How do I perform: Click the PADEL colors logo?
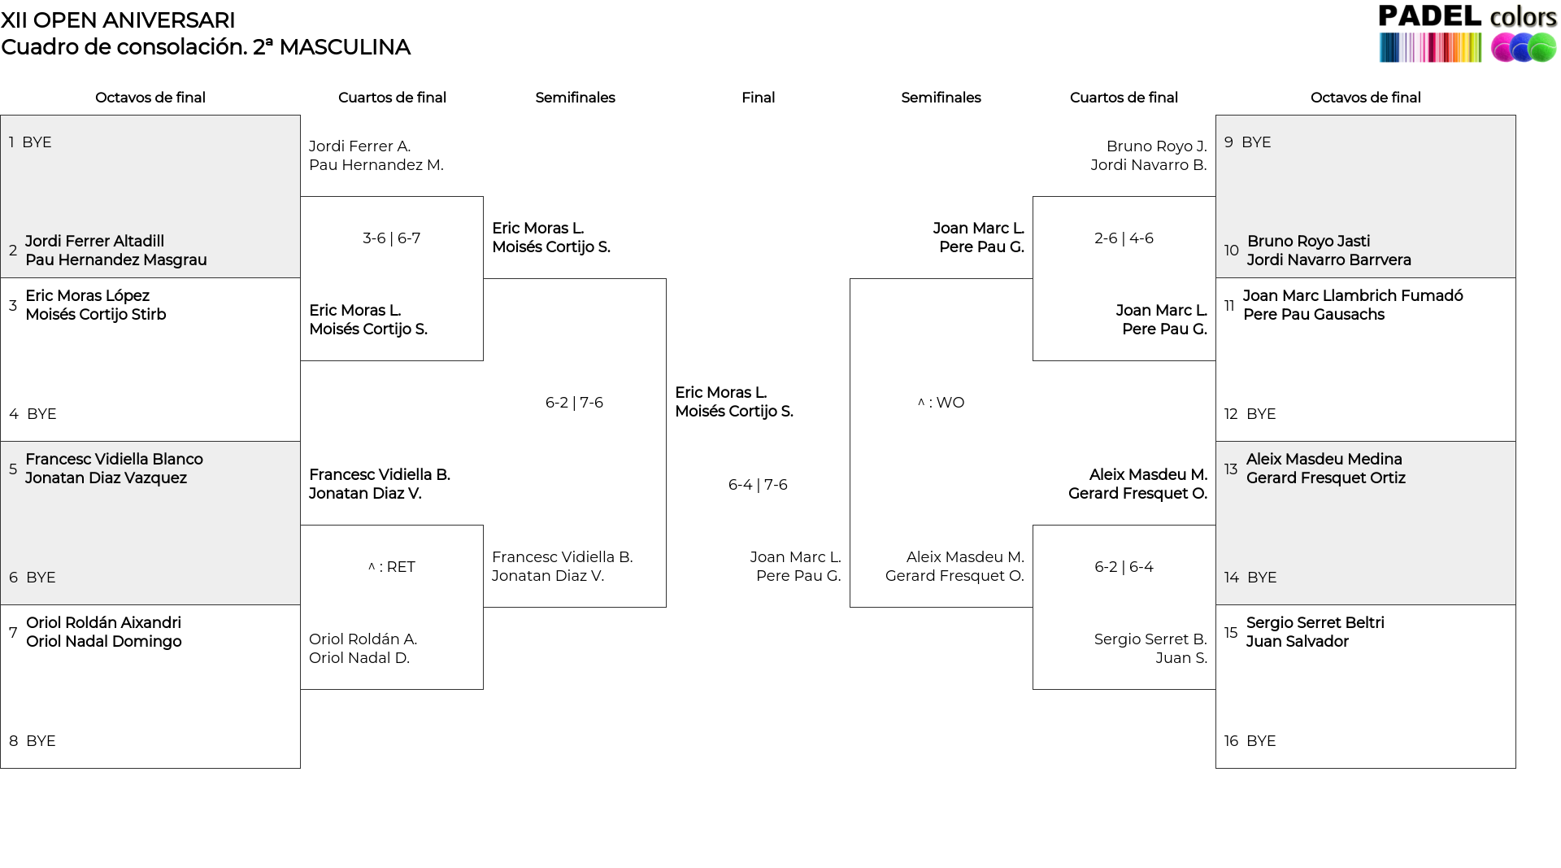pyautogui.click(x=1468, y=33)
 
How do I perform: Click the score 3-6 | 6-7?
pyautogui.click(x=391, y=238)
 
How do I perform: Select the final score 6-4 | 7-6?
pyautogui.click(x=758, y=485)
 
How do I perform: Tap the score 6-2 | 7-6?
pyautogui.click(x=574, y=403)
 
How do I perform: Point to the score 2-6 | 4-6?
pyautogui.click(x=1124, y=238)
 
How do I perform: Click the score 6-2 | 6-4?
pyautogui.click(x=1124, y=567)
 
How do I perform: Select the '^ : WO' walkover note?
pyautogui.click(x=941, y=403)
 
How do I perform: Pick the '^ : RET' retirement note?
pyautogui.click(x=391, y=567)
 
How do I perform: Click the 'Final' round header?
pyautogui.click(x=758, y=98)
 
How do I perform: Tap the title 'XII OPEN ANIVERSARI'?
pyautogui.click(x=118, y=20)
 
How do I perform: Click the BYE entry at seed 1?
pyautogui.click(x=37, y=142)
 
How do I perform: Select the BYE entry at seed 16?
pyautogui.click(x=1261, y=741)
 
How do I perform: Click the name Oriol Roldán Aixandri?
pyautogui.click(x=103, y=623)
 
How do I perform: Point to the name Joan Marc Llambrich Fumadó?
pyautogui.click(x=1353, y=296)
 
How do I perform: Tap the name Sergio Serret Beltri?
pyautogui.click(x=1315, y=623)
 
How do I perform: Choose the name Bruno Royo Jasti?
pyautogui.click(x=1308, y=242)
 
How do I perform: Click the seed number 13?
pyautogui.click(x=1231, y=469)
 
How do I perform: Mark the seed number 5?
pyautogui.click(x=13, y=469)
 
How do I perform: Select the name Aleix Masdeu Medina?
pyautogui.click(x=1324, y=460)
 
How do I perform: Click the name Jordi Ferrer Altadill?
pyautogui.click(x=94, y=242)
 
